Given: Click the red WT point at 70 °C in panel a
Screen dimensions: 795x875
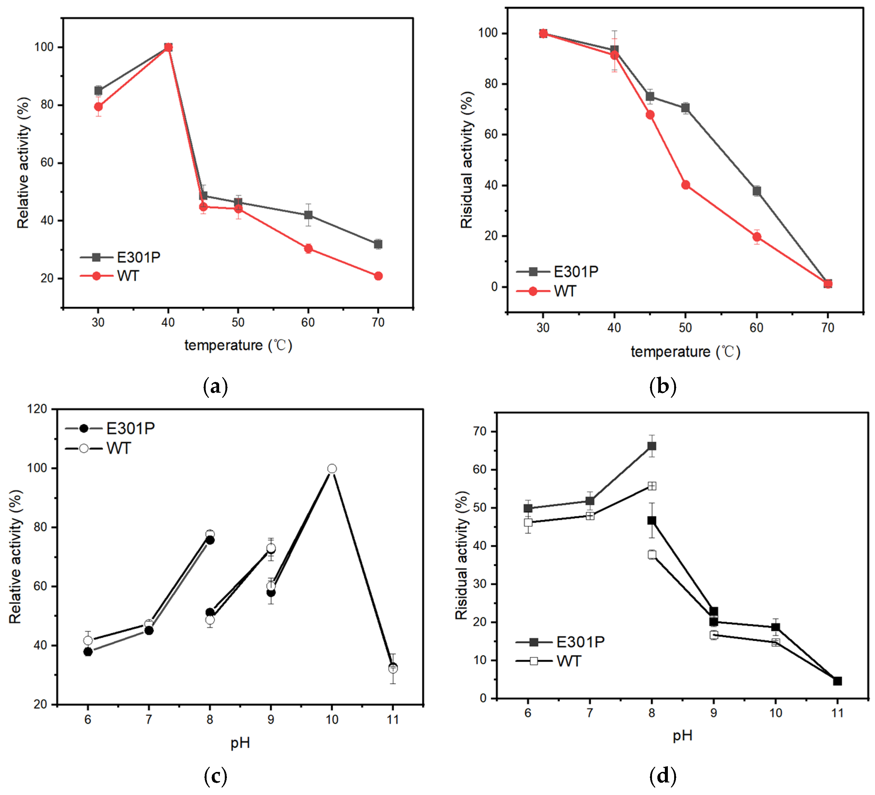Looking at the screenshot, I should pos(378,276).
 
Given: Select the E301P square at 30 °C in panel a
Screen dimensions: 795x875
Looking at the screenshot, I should pos(98,91).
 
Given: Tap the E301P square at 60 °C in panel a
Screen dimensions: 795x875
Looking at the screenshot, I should pos(308,215).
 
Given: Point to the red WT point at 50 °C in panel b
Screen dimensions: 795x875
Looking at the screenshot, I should pos(685,185).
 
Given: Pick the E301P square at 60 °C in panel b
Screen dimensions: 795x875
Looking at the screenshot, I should pos(756,191).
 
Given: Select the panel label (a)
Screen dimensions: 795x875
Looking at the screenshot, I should pos(215,386).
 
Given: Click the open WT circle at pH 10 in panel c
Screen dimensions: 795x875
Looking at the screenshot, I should pos(332,469).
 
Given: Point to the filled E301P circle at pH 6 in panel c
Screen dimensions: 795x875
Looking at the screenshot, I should pos(88,652).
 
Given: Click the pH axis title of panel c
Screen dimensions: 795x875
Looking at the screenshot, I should pos(240,743).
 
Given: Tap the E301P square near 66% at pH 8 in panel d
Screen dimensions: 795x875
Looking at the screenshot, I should pos(651,446).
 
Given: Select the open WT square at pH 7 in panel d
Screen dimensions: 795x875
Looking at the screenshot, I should pos(590,515).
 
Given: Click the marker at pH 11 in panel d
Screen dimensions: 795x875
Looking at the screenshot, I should pos(837,681).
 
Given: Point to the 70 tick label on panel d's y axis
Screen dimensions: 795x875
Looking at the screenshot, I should pos(480,431).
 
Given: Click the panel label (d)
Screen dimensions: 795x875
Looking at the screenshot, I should pos(662,776).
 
